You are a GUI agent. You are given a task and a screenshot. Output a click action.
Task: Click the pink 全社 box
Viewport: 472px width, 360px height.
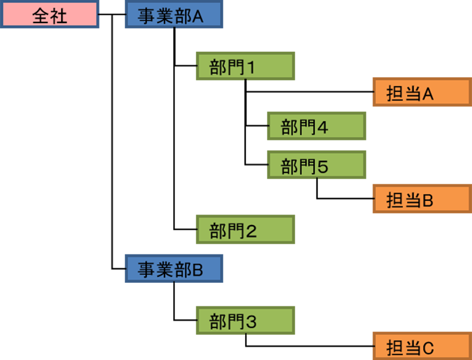click(x=49, y=15)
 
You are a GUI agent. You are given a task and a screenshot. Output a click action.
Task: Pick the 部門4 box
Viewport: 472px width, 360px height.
click(x=316, y=126)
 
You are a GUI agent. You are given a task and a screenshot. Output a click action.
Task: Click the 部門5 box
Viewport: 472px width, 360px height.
click(x=316, y=165)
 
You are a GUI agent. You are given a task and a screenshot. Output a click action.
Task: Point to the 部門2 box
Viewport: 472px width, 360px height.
click(x=246, y=230)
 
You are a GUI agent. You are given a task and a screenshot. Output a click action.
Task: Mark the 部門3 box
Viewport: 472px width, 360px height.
click(x=246, y=321)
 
